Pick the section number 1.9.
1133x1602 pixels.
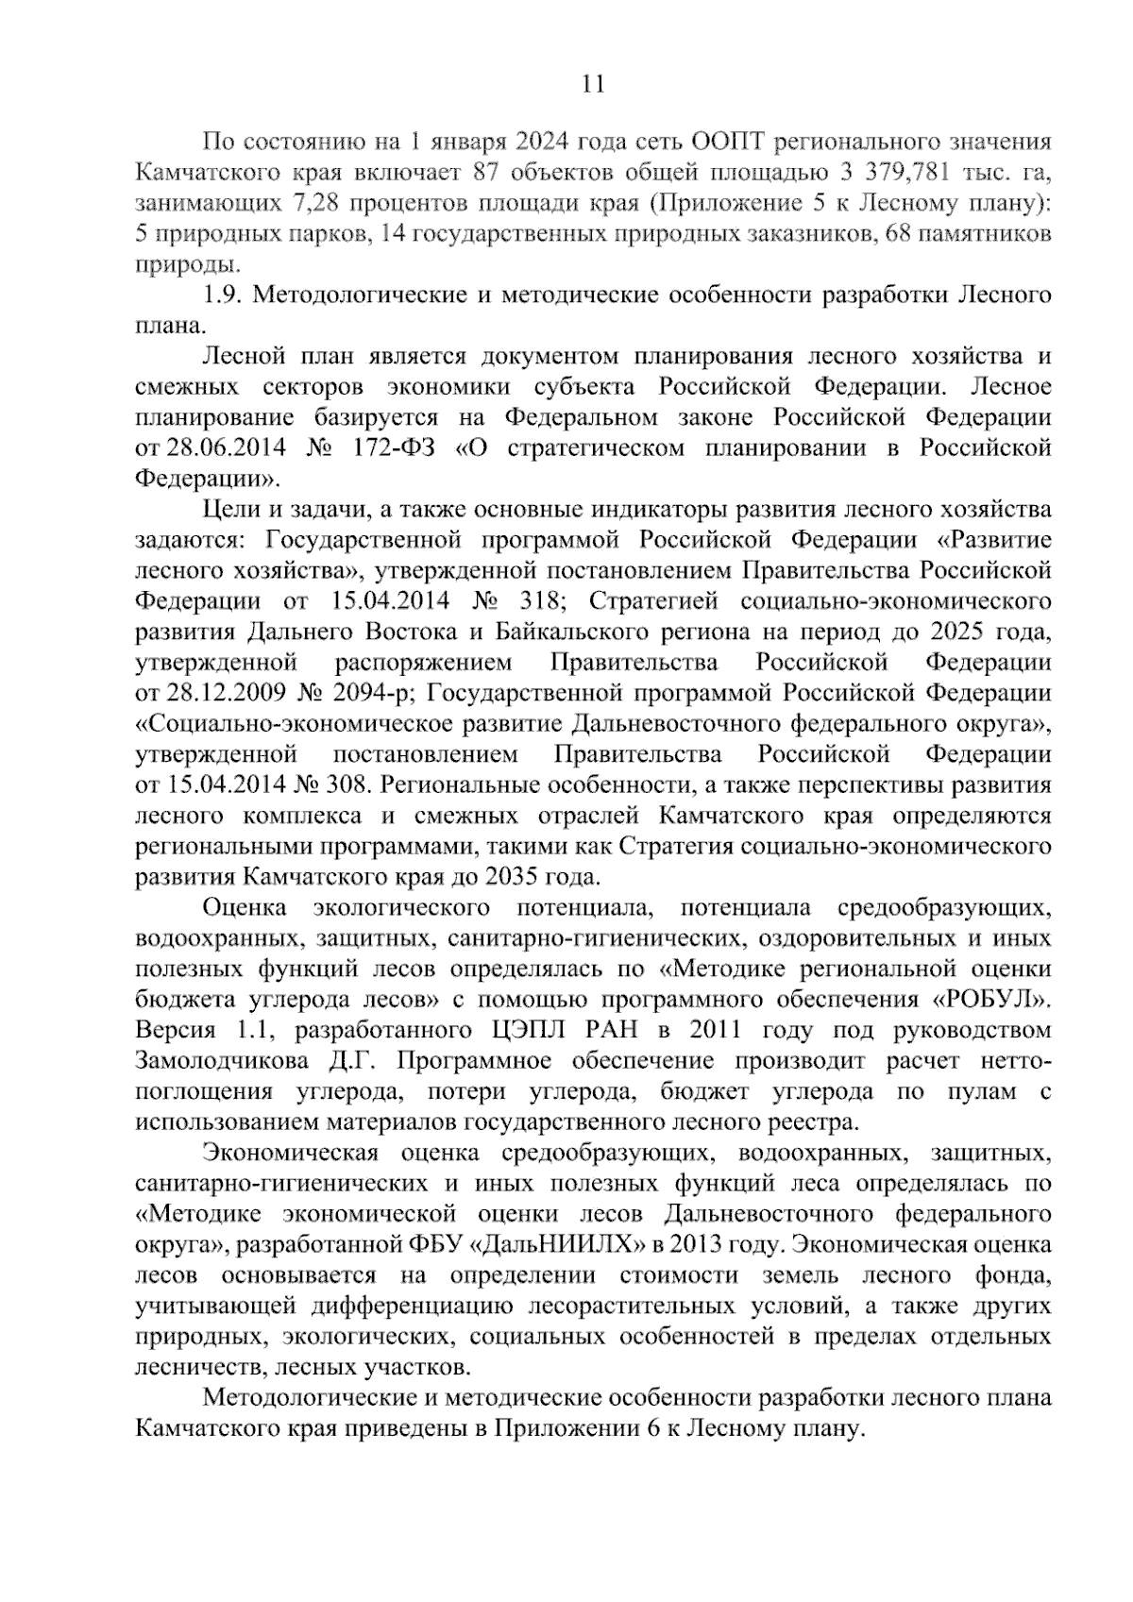click(225, 295)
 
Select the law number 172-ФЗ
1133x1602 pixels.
click(397, 447)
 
